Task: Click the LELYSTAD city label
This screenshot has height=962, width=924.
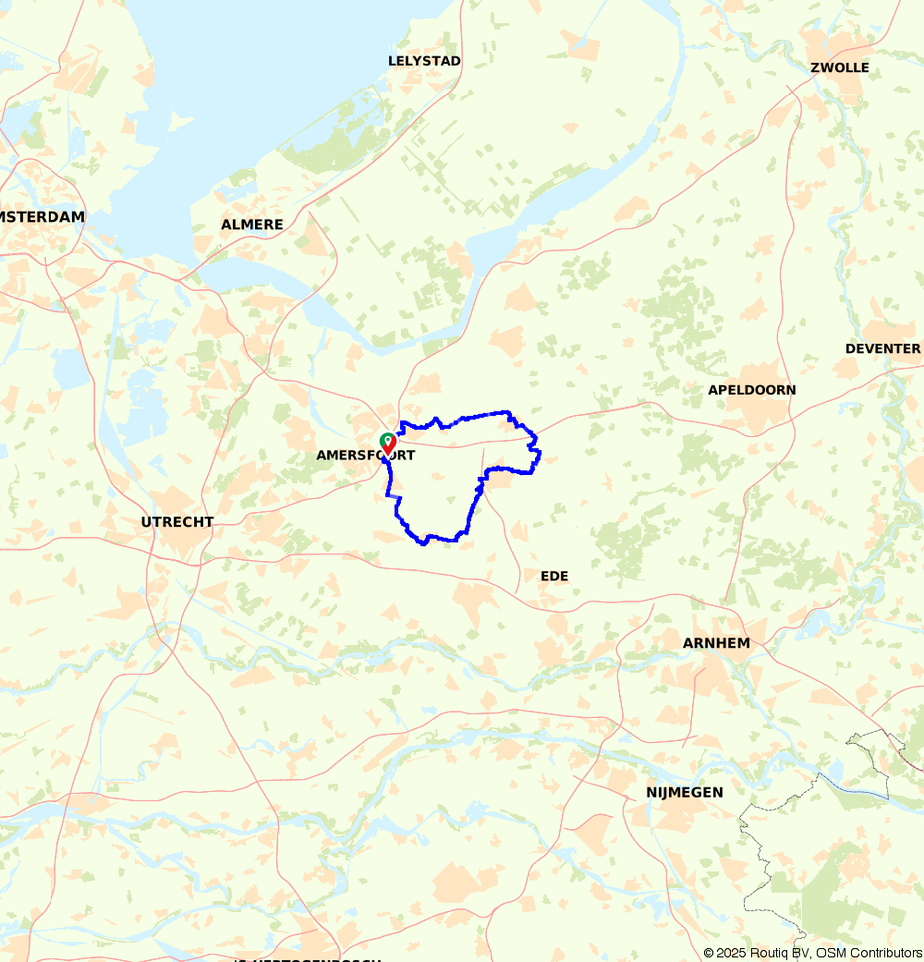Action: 424,61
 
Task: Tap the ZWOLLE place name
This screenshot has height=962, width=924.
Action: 839,67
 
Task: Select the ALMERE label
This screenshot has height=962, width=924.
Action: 251,225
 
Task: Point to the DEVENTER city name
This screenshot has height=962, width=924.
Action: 882,348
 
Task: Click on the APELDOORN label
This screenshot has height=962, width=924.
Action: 751,390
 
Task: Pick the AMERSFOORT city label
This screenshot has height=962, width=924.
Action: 365,456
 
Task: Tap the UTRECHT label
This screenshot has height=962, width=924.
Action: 176,522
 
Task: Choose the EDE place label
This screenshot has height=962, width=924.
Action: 554,576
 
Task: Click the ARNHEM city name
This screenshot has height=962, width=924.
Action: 715,643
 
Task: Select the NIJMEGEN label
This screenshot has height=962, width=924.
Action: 684,792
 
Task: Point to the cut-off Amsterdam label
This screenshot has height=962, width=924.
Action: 43,216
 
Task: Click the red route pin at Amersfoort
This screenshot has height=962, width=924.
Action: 390,443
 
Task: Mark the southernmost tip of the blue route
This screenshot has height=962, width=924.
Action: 424,543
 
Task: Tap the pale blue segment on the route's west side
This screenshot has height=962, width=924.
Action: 395,496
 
